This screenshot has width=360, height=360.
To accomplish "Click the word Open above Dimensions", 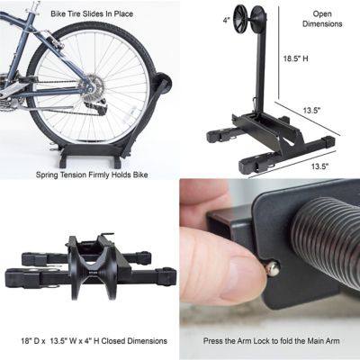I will coord(323,14).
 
